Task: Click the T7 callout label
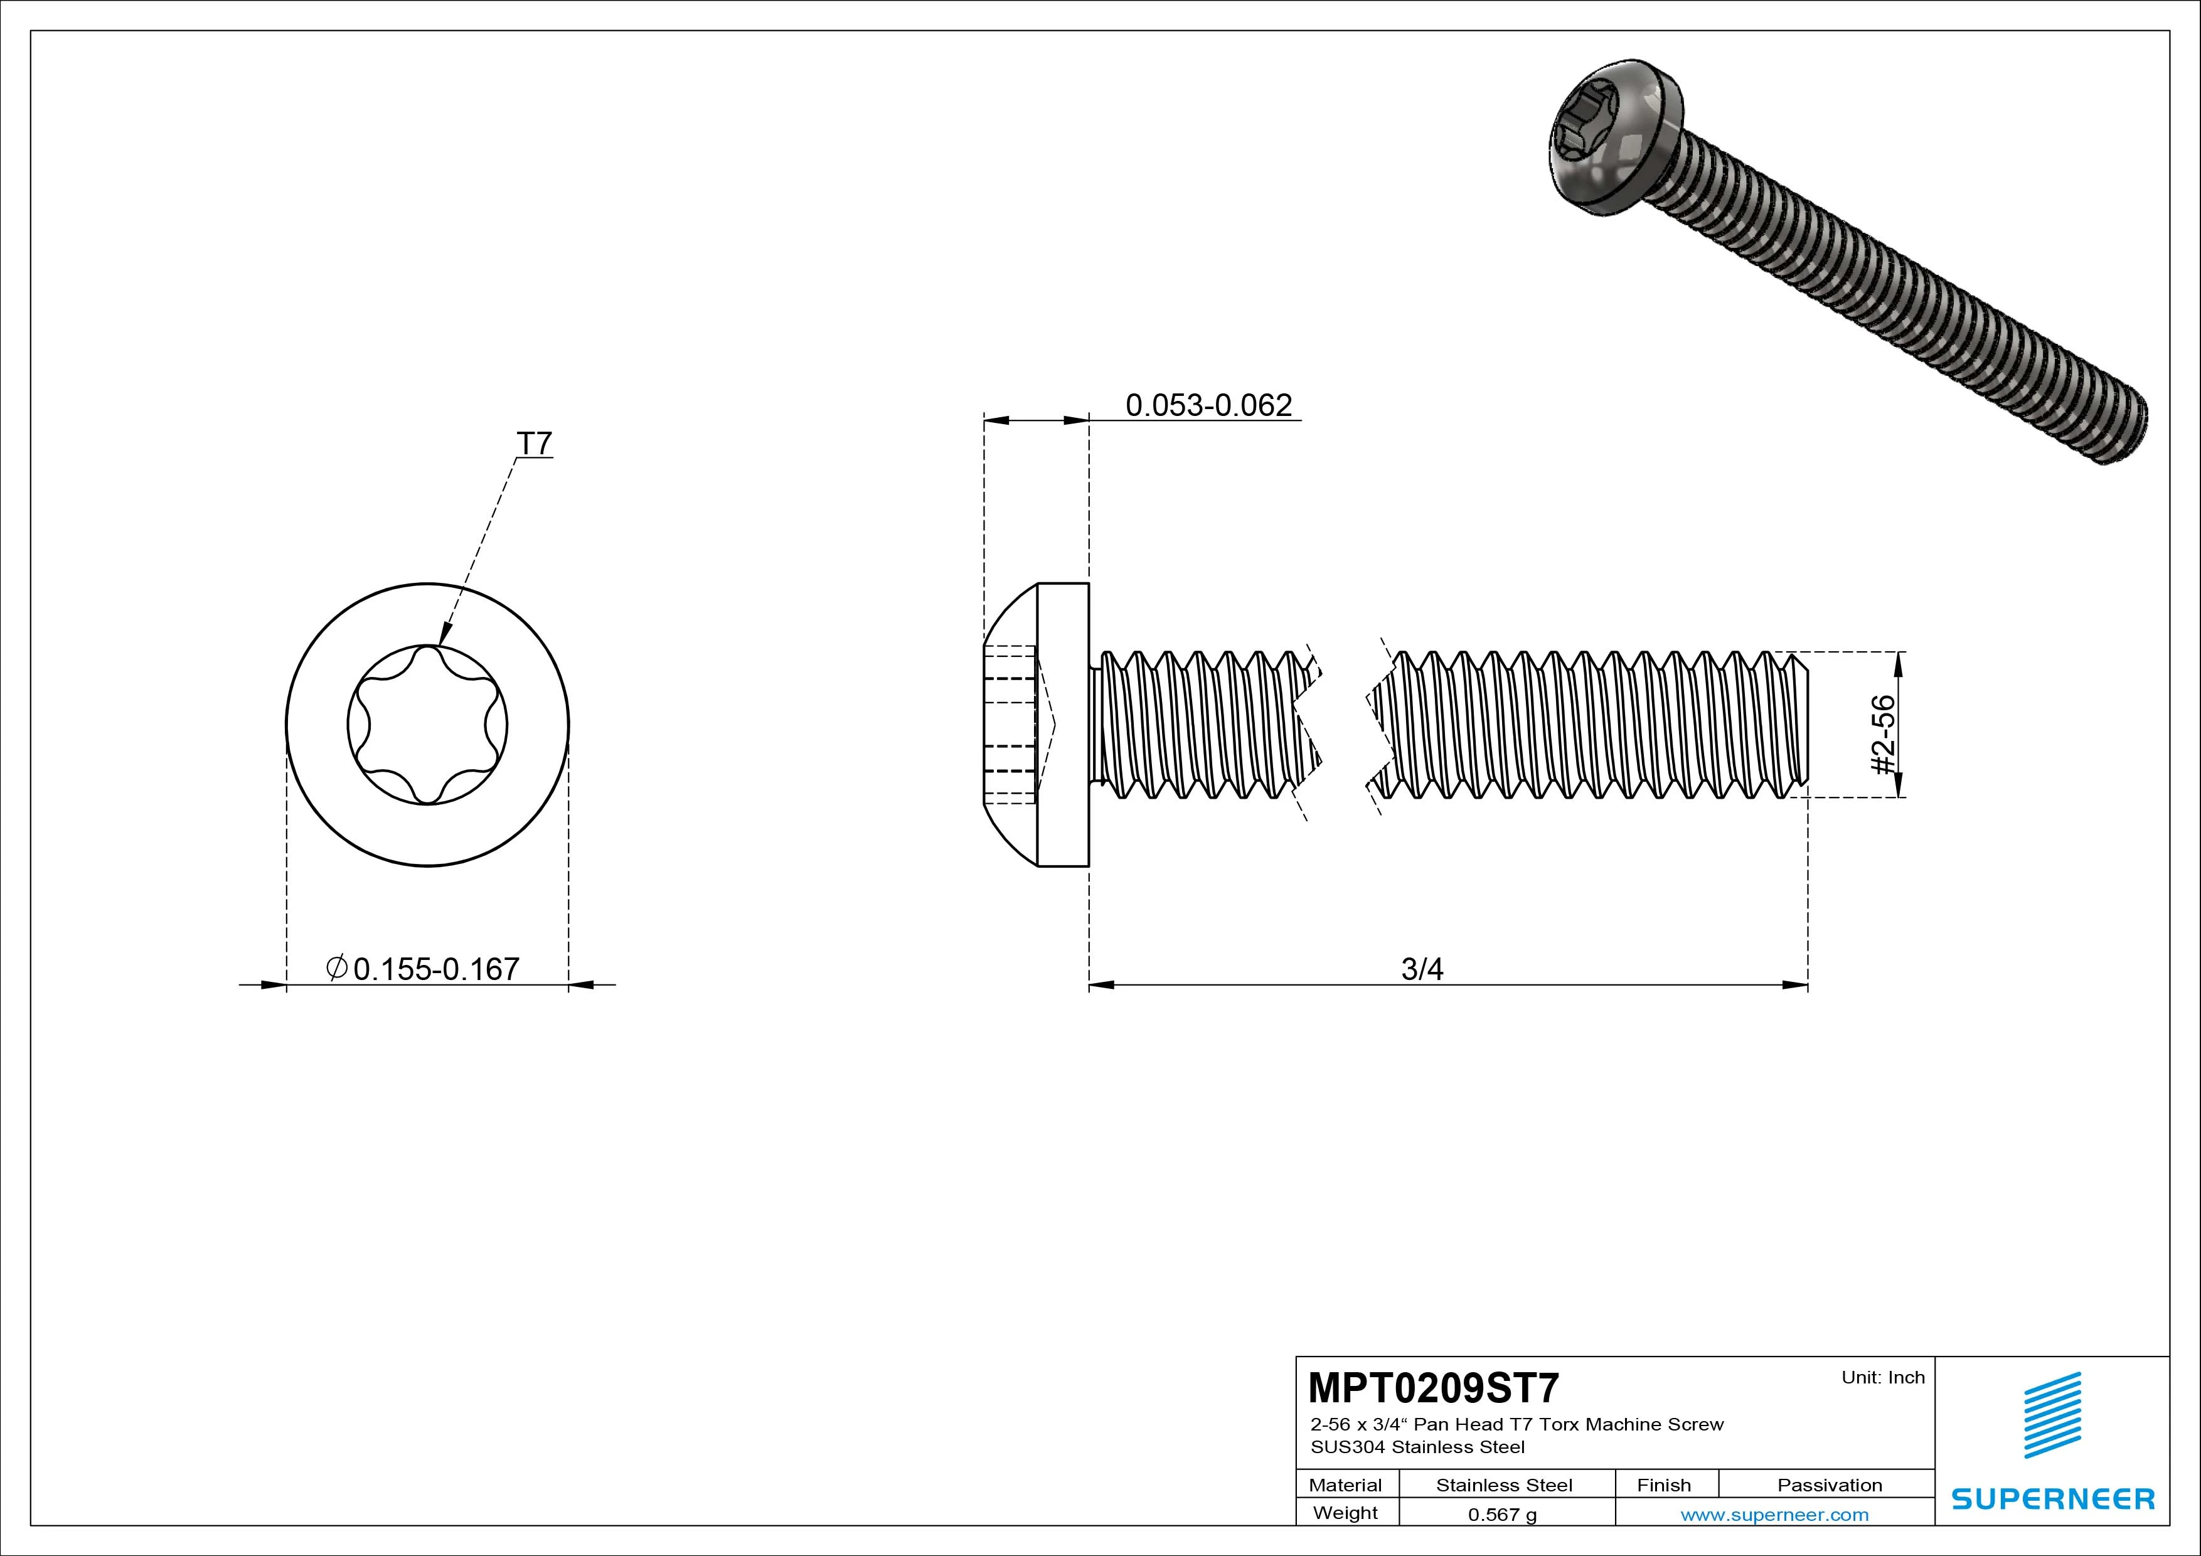pos(534,444)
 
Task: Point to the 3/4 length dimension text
pos(1422,969)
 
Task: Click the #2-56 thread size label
pos(1883,734)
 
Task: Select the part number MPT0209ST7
pos(1433,1387)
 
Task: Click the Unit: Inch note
pos(1883,1378)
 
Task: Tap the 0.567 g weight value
pos(1502,1515)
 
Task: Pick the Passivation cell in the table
pos(1829,1485)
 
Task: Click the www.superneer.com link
pos(1774,1515)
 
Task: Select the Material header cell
pos(1345,1485)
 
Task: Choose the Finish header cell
pos(1664,1485)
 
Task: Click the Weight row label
pos(1345,1513)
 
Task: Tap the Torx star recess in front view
pos(427,725)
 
